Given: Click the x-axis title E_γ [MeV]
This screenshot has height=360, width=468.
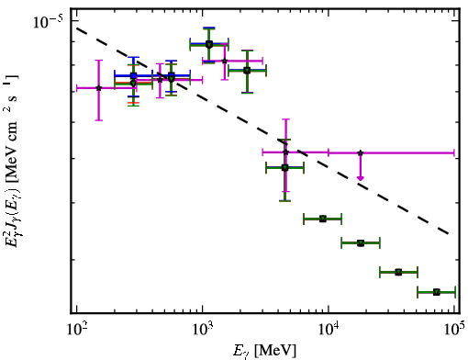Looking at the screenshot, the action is click(x=264, y=351).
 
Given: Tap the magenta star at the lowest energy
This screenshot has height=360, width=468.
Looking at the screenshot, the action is click(x=98, y=88).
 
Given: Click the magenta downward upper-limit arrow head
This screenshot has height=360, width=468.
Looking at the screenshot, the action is click(x=361, y=178).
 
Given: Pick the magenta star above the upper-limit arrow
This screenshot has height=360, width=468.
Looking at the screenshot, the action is click(x=361, y=152).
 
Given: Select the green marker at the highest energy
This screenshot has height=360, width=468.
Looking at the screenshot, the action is click(x=437, y=292).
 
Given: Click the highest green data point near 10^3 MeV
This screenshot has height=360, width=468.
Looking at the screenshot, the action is click(x=209, y=45).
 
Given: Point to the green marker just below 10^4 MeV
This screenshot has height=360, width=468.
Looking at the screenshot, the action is click(x=323, y=219).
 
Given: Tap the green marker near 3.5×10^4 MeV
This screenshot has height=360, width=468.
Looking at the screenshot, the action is click(x=398, y=272).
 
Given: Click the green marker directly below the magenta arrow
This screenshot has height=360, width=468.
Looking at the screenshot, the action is click(x=361, y=243).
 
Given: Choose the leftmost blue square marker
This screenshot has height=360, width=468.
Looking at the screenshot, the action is click(x=133, y=75).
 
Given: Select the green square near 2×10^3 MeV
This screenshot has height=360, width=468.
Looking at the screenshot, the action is click(x=247, y=71).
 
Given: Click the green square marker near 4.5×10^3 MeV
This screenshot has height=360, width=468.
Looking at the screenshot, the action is click(x=284, y=168).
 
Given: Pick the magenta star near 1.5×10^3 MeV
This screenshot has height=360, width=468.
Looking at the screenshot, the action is click(x=225, y=61).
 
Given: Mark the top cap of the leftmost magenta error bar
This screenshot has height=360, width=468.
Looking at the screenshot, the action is click(x=98, y=60).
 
